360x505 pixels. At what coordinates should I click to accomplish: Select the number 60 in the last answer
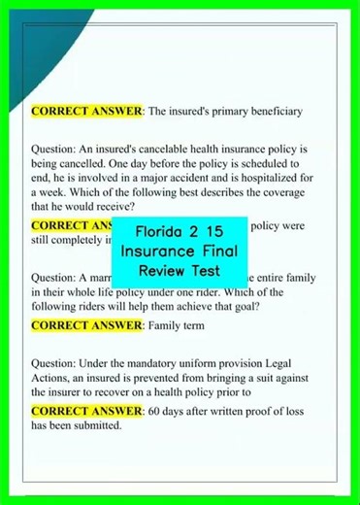[x=156, y=412]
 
